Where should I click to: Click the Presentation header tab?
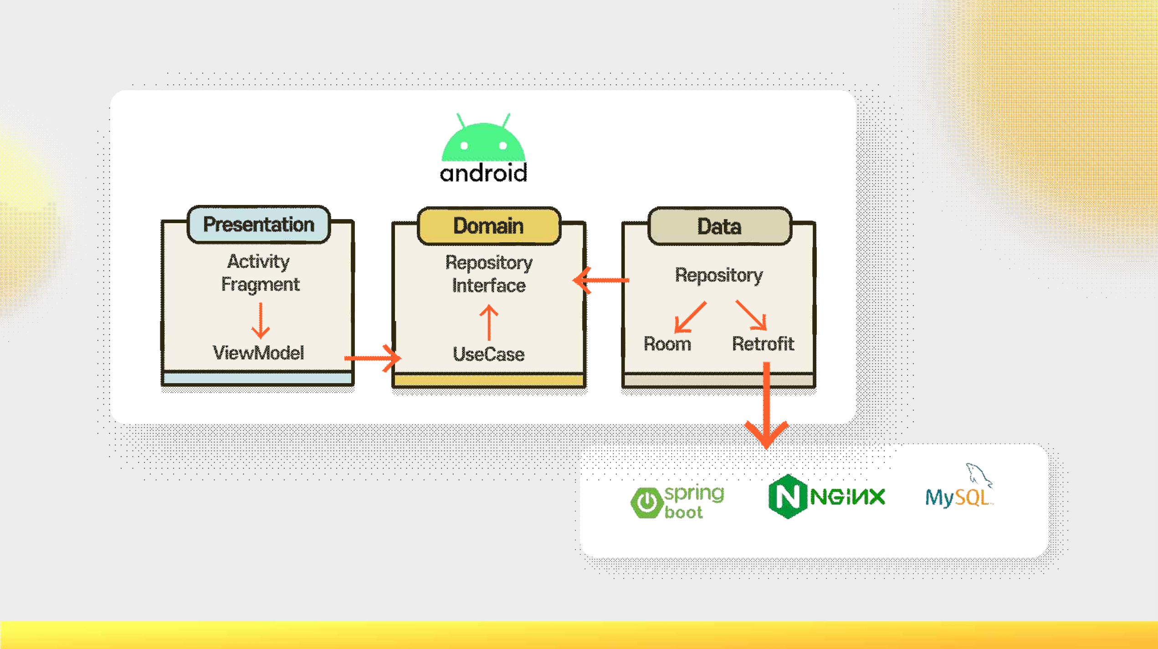258,225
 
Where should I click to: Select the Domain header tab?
489,226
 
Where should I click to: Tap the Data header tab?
719,226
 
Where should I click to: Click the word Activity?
258,261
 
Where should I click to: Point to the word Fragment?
260,285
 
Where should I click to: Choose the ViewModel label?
258,353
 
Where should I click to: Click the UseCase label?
489,354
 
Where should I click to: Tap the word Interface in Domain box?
489,286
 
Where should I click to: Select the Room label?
667,344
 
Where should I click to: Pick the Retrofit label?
763,344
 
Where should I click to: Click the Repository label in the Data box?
719,275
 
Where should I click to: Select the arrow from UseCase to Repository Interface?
489,322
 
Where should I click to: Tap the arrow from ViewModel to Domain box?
372,358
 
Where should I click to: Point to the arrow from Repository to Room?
690,317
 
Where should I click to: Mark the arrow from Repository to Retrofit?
751,315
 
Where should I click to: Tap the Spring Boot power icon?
646,502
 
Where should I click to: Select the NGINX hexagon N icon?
787,496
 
